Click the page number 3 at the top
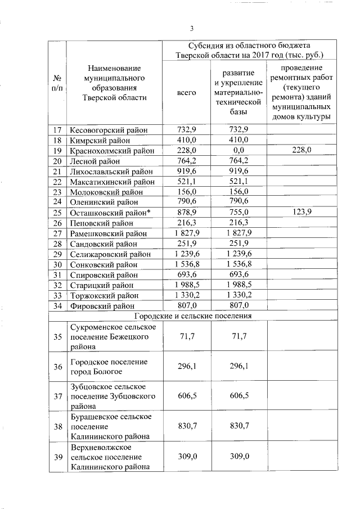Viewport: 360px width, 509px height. [x=191, y=29]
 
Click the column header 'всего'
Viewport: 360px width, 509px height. [x=186, y=92]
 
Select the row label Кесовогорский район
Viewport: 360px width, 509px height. [x=109, y=130]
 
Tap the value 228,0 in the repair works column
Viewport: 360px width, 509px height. [x=299, y=150]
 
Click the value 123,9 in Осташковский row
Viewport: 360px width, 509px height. [x=299, y=211]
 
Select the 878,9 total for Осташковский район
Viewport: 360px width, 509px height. [x=186, y=211]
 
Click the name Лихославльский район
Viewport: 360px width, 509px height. [x=111, y=172]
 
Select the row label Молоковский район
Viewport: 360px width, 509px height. [x=105, y=192]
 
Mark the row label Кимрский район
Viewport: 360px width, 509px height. [x=100, y=140]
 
